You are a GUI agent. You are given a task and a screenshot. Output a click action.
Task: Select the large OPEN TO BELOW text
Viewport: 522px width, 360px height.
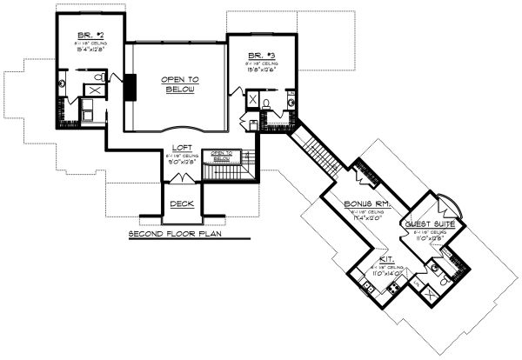179,83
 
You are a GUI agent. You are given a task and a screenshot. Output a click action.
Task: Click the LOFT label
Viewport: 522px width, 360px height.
182,147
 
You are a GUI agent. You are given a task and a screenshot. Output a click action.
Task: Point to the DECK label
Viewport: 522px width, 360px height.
182,203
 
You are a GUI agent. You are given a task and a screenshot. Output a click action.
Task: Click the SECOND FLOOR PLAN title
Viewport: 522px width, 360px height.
173,235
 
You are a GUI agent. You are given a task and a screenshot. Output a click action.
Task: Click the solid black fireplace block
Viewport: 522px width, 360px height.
130,89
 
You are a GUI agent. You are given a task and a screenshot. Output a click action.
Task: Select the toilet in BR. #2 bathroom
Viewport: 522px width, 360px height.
99,77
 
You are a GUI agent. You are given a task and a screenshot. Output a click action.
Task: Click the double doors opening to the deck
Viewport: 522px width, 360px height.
182,178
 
